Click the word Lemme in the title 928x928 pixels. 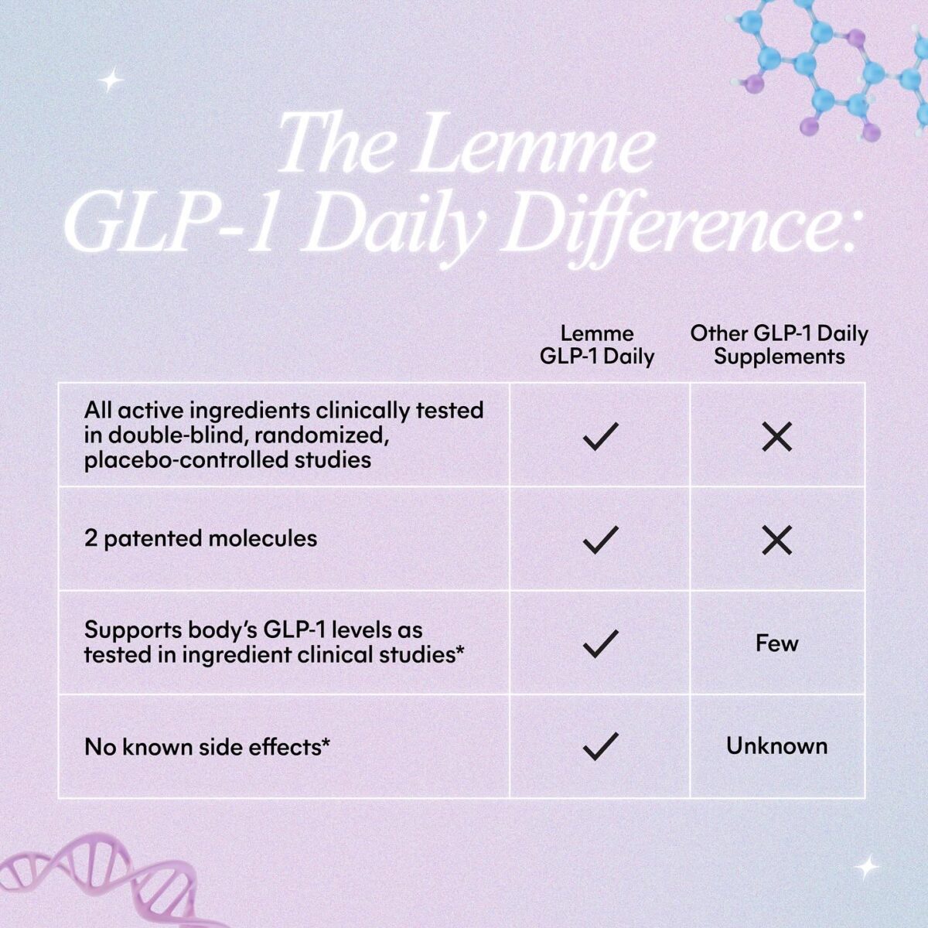pyautogui.click(x=534, y=145)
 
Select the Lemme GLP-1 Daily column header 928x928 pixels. pyautogui.click(x=597, y=345)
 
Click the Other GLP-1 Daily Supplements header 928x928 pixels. pyautogui.click(x=779, y=345)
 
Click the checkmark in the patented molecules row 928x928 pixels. pyautogui.click(x=600, y=540)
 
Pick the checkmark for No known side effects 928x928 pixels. pyautogui.click(x=600, y=745)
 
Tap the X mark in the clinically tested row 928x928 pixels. pyautogui.click(x=776, y=437)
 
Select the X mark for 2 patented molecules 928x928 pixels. pyautogui.click(x=776, y=540)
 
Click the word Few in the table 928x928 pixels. pyautogui.click(x=776, y=643)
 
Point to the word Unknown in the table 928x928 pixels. pyautogui.click(x=776, y=746)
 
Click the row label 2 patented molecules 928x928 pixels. pyautogui.click(x=200, y=539)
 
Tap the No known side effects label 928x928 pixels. pyautogui.click(x=206, y=747)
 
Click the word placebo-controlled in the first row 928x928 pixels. pyautogui.click(x=186, y=460)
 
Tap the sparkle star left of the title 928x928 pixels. pyautogui.click(x=112, y=80)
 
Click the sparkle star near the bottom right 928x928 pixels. pyautogui.click(x=868, y=868)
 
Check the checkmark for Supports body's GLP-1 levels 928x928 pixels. pyautogui.click(x=600, y=643)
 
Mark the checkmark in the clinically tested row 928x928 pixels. pyautogui.click(x=600, y=437)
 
